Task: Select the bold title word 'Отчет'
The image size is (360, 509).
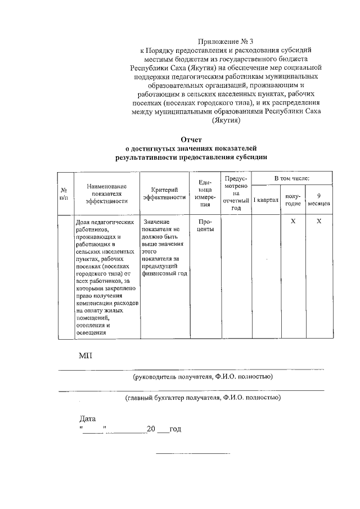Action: (x=191, y=139)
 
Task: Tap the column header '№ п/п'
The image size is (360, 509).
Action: (x=65, y=195)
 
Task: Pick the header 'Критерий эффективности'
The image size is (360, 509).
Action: (x=164, y=193)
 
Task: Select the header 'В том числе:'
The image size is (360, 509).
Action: (x=291, y=178)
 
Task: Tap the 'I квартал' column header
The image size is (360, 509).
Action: (x=265, y=200)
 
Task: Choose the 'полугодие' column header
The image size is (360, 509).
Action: (x=293, y=199)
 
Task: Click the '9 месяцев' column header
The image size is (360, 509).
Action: (x=319, y=199)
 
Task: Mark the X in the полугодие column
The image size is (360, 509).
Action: (x=293, y=222)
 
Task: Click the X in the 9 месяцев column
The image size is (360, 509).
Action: (x=319, y=222)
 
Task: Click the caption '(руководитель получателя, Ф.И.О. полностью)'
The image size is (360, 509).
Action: (x=202, y=376)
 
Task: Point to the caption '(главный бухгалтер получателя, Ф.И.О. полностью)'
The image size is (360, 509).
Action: (x=202, y=398)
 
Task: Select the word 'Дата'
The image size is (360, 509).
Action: (x=88, y=418)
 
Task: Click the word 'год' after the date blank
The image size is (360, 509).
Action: (x=175, y=429)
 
